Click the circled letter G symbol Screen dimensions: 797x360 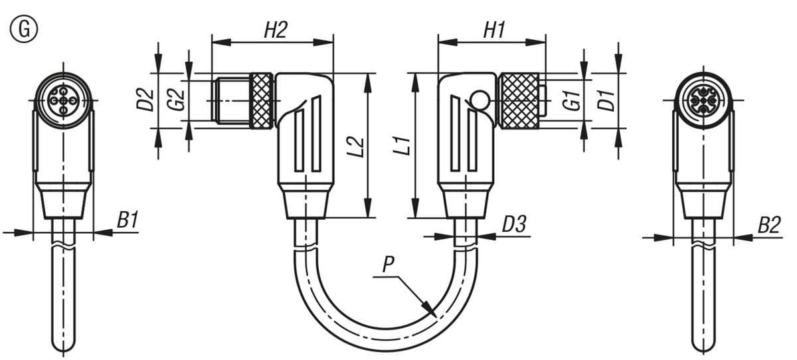(23, 29)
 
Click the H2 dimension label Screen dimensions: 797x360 (276, 30)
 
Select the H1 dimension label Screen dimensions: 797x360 (494, 30)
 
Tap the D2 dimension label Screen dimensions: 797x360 (145, 100)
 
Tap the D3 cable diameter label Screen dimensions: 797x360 (514, 224)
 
